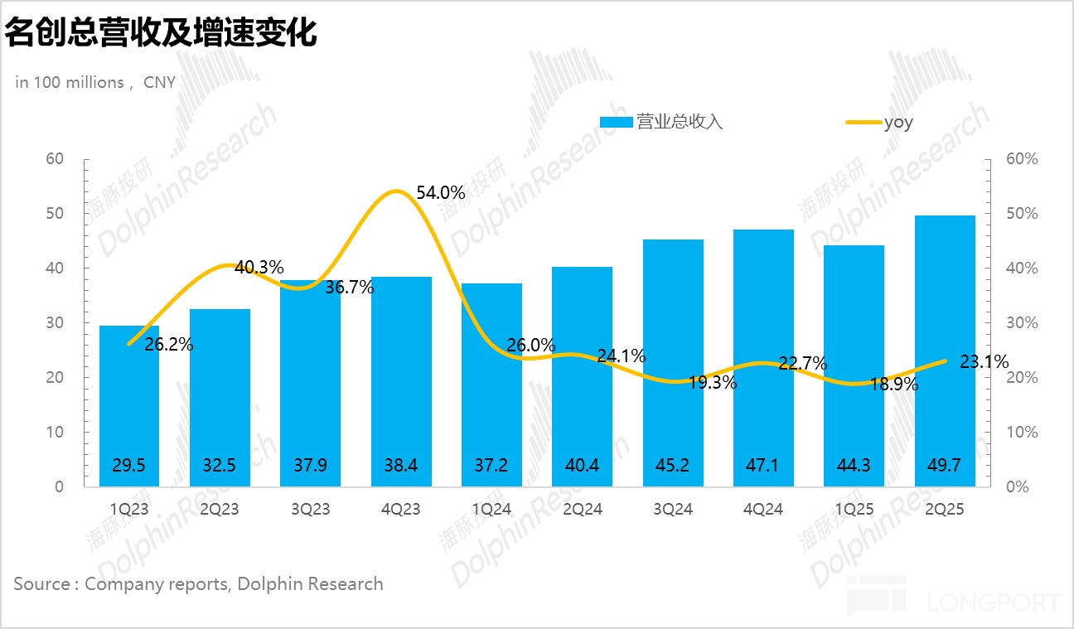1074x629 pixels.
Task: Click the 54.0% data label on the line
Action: pos(440,193)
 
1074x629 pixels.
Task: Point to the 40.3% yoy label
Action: pos(259,268)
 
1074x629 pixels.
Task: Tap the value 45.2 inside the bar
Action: pos(673,466)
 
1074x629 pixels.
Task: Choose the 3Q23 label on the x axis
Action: pos(309,509)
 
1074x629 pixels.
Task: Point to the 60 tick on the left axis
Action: pos(55,159)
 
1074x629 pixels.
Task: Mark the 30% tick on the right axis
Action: pos(1021,323)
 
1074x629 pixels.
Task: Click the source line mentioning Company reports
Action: pos(199,583)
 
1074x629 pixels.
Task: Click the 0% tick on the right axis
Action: pos(1017,487)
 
